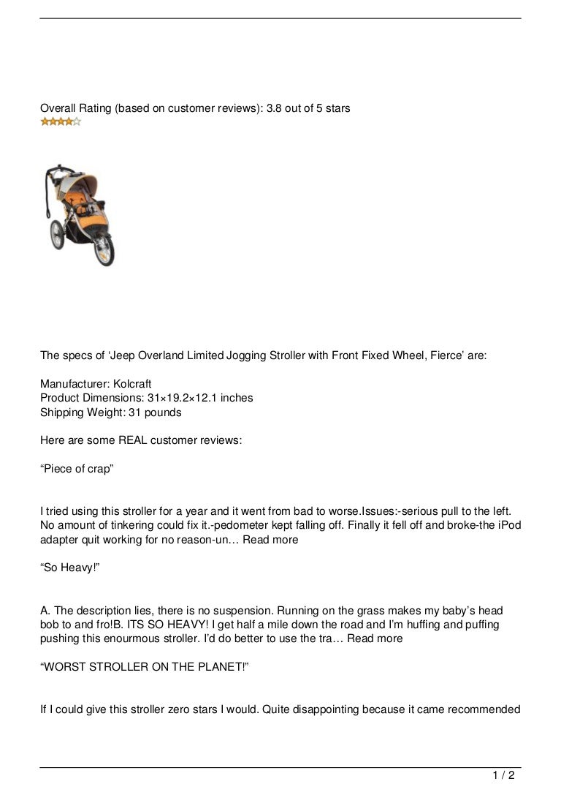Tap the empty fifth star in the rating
tap(77, 122)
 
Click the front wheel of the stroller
tap(106, 254)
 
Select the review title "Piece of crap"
tap(77, 469)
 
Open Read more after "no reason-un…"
tap(270, 540)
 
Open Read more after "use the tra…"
tap(375, 638)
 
